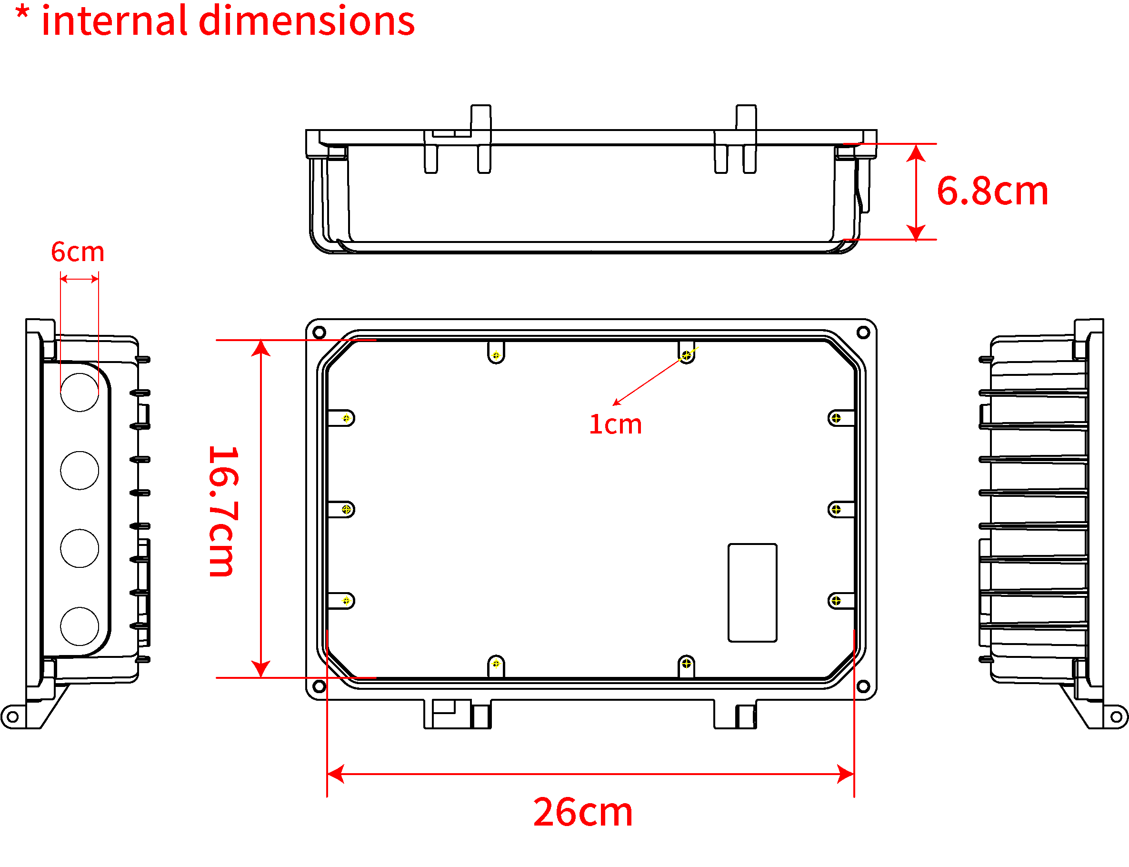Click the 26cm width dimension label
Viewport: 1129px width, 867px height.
(583, 812)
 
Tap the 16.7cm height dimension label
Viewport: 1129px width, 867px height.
(223, 511)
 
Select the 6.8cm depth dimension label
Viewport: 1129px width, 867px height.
(992, 191)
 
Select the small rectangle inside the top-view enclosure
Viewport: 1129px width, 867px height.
(752, 593)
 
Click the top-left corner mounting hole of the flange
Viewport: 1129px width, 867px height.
(319, 332)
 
